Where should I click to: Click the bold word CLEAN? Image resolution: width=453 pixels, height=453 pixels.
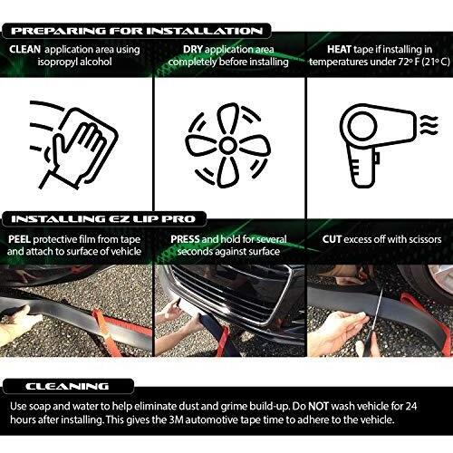24,49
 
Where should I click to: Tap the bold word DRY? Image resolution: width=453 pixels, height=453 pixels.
193,49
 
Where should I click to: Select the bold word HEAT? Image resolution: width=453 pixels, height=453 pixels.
339,49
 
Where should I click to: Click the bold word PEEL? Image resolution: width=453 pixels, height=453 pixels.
19,239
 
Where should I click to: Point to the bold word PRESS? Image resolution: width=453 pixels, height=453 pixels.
185,239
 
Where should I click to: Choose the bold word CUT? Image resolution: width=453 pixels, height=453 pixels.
332,239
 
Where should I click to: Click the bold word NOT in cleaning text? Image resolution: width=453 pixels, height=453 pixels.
318,406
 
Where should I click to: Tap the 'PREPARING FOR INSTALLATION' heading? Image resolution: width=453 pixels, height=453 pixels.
137,31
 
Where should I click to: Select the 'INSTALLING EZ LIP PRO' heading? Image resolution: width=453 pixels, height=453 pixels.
103,219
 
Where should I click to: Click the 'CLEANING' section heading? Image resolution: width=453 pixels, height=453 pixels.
67,386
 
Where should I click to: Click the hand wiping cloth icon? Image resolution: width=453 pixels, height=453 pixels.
74,145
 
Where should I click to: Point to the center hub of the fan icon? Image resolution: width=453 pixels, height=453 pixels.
227,145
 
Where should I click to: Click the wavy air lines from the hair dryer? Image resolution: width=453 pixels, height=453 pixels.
429,124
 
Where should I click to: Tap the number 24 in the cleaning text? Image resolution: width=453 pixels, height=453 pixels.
410,406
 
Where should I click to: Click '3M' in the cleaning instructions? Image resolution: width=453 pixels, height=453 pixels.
176,419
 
